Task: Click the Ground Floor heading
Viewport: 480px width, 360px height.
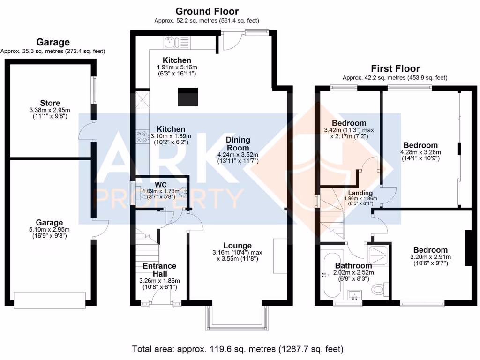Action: (x=207, y=11)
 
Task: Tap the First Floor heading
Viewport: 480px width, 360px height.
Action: (x=395, y=68)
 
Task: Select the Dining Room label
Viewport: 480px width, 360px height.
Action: (x=238, y=143)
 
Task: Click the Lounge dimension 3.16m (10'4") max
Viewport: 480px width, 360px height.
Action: (x=237, y=253)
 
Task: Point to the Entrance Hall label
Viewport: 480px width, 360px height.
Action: (x=159, y=270)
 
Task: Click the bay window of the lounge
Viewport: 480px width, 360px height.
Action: (x=238, y=319)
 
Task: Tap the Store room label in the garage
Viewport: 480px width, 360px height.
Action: (x=50, y=103)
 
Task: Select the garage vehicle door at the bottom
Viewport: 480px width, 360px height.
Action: (x=50, y=300)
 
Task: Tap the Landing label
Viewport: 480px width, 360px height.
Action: (x=360, y=193)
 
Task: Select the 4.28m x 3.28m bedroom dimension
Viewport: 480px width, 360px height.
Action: (x=420, y=152)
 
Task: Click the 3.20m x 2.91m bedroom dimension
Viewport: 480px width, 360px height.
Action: (x=430, y=257)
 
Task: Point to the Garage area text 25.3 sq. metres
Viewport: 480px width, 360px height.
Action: (x=52, y=51)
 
